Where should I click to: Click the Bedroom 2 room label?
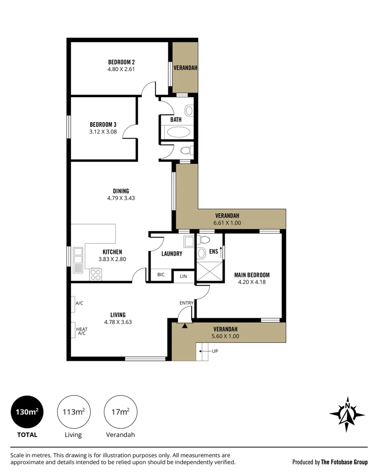[121, 62]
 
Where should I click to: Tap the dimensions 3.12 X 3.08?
[103, 132]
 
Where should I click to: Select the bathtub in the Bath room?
[179, 132]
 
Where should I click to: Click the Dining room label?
[121, 191]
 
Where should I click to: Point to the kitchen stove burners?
[96, 274]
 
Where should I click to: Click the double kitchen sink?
[78, 255]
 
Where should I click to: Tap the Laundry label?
[172, 254]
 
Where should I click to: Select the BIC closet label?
[161, 275]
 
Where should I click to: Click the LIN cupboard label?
[184, 276]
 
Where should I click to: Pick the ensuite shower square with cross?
[210, 271]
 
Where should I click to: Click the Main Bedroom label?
[252, 275]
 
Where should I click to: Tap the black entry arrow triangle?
[185, 326]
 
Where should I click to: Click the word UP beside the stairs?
[215, 351]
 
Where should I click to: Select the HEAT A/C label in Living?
[81, 331]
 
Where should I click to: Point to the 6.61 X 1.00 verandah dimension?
[227, 223]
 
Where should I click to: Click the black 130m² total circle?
[27, 412]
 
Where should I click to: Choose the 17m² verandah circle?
[121, 412]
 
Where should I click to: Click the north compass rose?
[347, 414]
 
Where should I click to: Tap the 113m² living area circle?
[74, 412]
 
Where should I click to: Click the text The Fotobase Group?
[344, 463]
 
